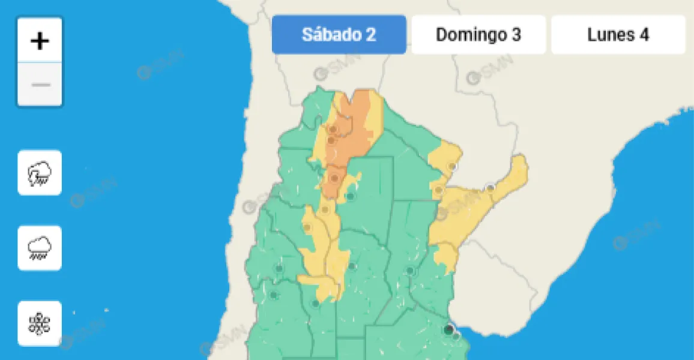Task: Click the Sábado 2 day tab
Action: (339, 35)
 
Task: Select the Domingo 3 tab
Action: (478, 35)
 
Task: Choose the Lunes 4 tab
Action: (618, 35)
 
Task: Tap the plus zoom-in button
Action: (40, 41)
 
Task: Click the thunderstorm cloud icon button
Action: (40, 173)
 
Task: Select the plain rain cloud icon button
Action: (40, 248)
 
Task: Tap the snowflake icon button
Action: (40, 323)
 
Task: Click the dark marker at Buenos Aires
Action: (448, 329)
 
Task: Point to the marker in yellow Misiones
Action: (490, 188)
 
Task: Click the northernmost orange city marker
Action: (332, 129)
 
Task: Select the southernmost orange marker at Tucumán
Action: (334, 178)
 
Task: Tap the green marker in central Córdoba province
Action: (352, 266)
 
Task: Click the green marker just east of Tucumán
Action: (351, 196)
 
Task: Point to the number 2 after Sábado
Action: (371, 35)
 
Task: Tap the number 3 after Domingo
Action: (516, 35)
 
